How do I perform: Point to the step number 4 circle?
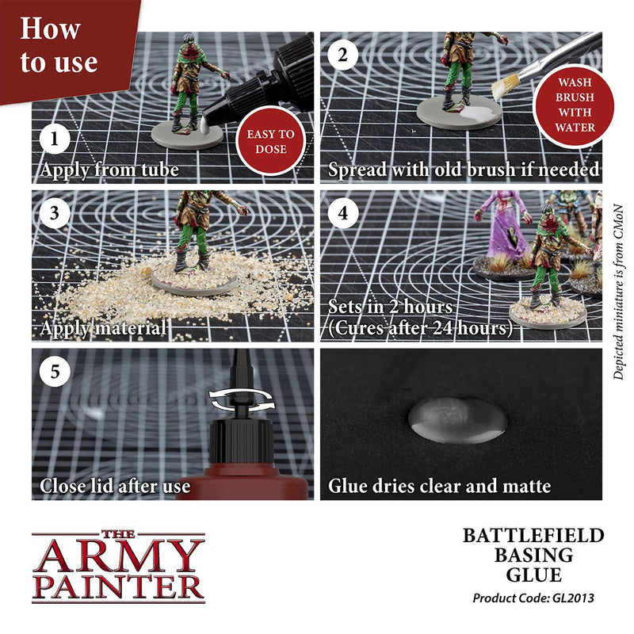342,214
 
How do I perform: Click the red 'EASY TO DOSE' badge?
270,141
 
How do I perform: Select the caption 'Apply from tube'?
109,169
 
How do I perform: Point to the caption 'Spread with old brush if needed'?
464,170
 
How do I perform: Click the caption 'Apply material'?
103,327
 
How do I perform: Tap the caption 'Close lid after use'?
115,485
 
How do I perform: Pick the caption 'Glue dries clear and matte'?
440,485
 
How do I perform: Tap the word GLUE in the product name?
534,575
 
